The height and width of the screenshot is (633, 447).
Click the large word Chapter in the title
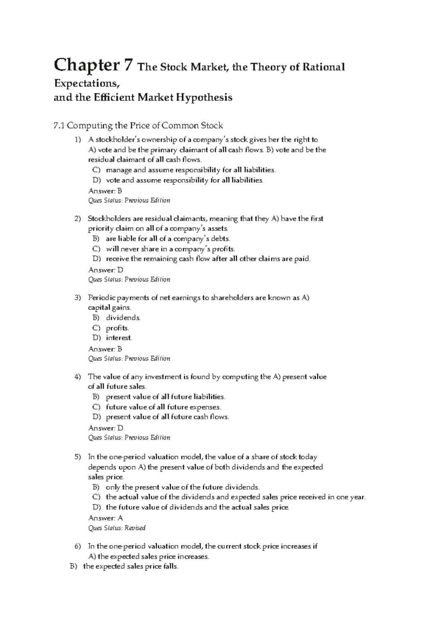(x=88, y=66)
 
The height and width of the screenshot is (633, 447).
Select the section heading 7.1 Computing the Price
(x=138, y=126)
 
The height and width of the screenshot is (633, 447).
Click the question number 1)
(x=77, y=140)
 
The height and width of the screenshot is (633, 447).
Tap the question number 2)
(x=77, y=219)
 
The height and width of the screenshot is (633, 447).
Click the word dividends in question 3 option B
(x=123, y=318)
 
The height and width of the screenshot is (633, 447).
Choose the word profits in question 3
(x=117, y=328)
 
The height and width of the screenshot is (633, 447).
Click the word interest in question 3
(x=119, y=338)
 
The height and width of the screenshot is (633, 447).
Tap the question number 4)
(x=77, y=377)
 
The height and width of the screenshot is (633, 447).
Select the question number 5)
(x=77, y=457)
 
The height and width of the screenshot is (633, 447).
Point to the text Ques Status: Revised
(x=117, y=528)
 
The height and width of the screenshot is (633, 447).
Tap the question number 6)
(x=77, y=547)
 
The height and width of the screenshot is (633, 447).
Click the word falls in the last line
(x=171, y=567)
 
